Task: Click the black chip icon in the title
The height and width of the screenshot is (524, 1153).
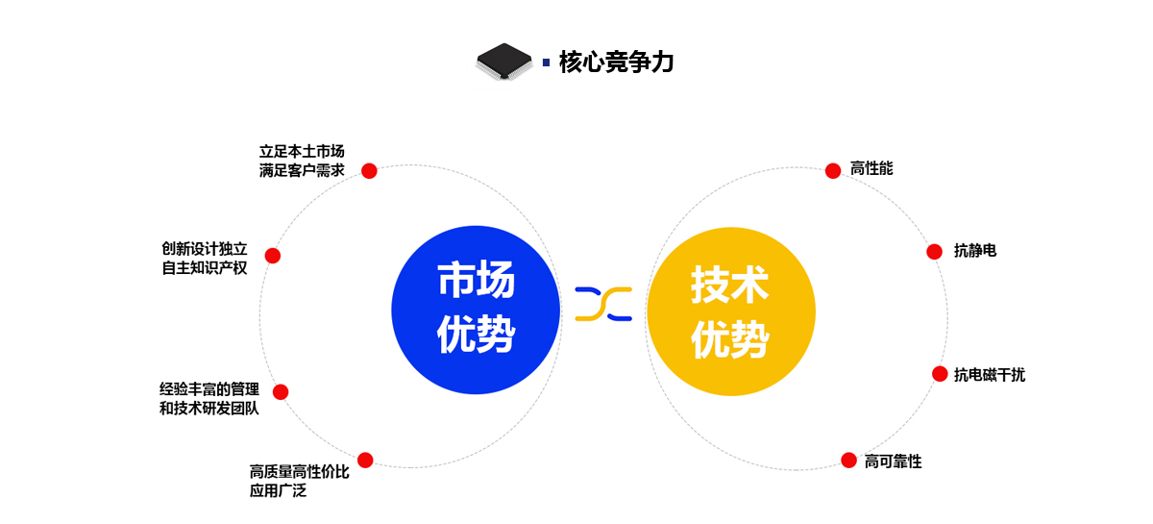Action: [503, 62]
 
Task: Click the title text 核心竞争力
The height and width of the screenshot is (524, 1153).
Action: [616, 62]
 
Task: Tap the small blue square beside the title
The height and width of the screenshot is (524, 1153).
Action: [546, 62]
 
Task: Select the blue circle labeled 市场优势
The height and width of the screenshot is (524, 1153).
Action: [476, 310]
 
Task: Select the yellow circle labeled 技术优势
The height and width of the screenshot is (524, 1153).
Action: [731, 312]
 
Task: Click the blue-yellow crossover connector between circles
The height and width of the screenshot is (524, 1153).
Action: [603, 304]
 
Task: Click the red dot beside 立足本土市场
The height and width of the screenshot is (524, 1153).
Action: [369, 170]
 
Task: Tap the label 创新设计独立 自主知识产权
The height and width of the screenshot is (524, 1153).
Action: [205, 258]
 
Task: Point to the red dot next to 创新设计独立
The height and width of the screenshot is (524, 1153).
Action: [273, 256]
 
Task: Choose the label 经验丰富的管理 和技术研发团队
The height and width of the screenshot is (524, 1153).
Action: [209, 399]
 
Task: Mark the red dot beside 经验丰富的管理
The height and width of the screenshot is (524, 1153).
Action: [281, 392]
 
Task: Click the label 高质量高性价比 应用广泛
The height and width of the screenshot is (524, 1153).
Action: [299, 482]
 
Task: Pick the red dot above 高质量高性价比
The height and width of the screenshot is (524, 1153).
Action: [365, 461]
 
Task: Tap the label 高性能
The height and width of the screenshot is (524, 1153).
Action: [871, 168]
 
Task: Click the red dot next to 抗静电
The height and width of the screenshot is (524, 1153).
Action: [934, 252]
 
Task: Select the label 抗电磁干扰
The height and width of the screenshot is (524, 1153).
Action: [990, 375]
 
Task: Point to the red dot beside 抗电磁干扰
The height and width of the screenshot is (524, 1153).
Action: [940, 374]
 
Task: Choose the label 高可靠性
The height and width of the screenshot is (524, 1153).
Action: [893, 462]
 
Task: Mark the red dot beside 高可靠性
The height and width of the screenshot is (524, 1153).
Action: [848, 461]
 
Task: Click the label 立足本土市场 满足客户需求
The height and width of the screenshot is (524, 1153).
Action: [302, 161]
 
